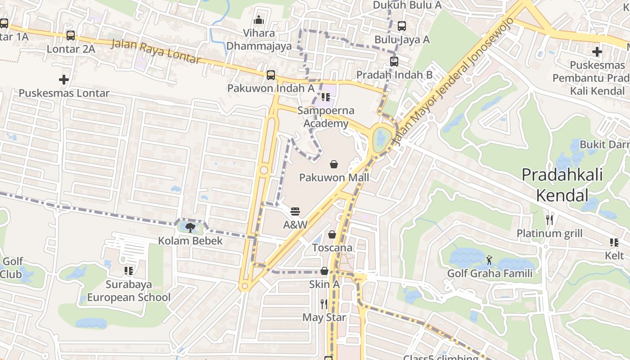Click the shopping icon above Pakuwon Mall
(334, 164)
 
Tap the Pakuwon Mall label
(334, 177)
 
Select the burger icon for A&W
(295, 211)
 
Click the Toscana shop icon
(332, 234)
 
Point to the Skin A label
(324, 284)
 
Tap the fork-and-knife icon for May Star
(324, 304)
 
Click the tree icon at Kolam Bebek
(190, 227)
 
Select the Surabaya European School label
(129, 291)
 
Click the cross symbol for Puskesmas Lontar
(64, 80)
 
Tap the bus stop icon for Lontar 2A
(71, 35)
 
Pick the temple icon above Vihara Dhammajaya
(259, 20)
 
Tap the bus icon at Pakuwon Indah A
(271, 75)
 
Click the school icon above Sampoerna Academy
(326, 97)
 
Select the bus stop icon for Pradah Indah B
(394, 61)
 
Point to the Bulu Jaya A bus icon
(402, 26)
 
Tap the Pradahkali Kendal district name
(562, 184)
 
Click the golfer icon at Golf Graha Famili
(489, 260)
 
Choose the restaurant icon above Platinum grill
(549, 220)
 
